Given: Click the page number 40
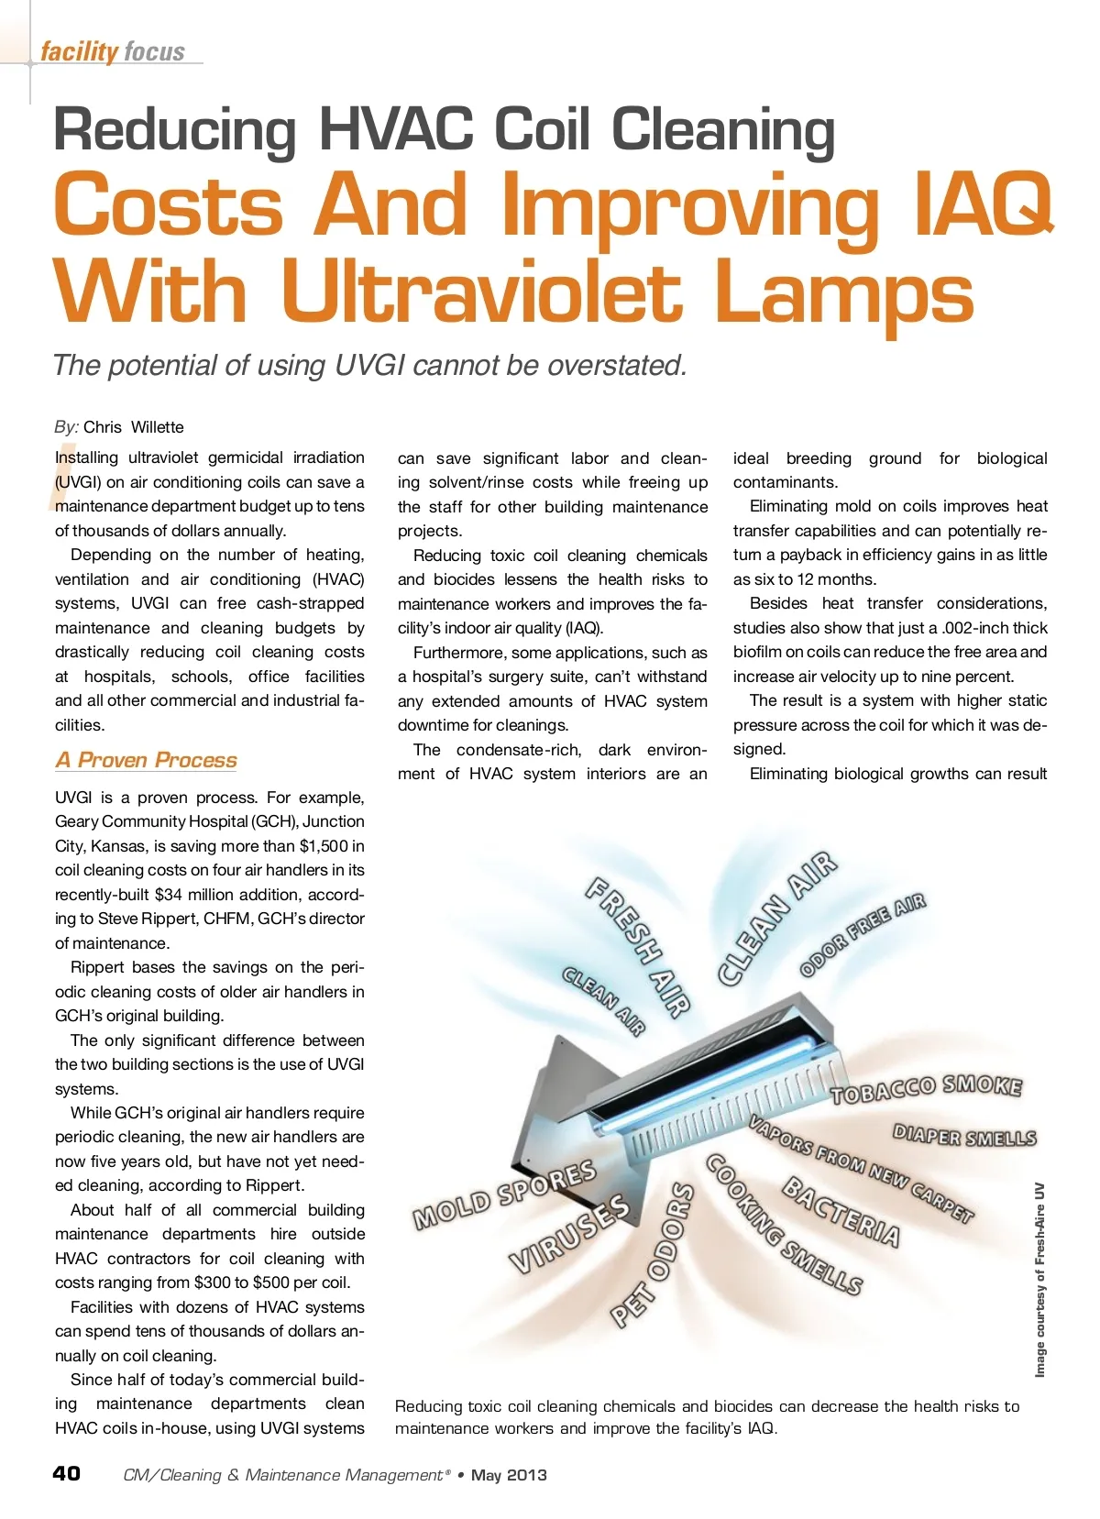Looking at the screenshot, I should [x=67, y=1473].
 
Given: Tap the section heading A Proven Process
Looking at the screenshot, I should [x=146, y=760].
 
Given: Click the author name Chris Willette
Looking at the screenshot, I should [x=134, y=427].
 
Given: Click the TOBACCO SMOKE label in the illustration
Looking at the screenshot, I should [x=925, y=1089].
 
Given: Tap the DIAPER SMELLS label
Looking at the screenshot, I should [x=964, y=1138].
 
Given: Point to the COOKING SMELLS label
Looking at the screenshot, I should [x=783, y=1224].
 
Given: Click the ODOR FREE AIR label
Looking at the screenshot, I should [x=863, y=934].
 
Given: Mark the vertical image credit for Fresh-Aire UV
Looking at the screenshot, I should [x=1039, y=1280].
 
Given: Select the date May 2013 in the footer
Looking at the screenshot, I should [x=509, y=1475].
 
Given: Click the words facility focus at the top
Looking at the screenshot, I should [x=113, y=51].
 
